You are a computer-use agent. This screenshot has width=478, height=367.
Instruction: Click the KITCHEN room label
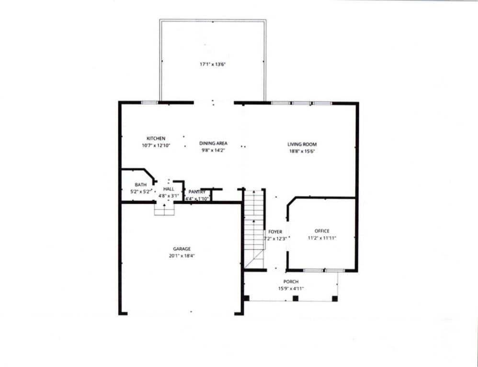156,139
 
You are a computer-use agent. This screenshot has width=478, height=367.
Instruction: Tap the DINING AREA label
213,143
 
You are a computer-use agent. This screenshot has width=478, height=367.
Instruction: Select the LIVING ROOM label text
302,144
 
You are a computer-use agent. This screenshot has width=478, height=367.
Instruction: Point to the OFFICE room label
322,231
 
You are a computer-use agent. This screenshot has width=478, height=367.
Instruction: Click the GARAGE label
182,248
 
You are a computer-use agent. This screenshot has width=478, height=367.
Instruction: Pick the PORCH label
291,282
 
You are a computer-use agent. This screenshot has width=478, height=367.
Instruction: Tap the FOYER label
275,232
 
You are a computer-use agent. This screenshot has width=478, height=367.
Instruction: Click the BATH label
140,184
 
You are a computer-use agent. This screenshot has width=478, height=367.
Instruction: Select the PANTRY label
197,192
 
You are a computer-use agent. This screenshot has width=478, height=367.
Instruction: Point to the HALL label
169,189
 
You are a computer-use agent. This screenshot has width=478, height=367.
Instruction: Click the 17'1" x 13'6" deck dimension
213,64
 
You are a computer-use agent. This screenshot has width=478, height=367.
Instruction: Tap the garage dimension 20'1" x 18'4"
182,256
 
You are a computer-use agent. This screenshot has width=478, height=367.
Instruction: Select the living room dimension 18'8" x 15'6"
302,151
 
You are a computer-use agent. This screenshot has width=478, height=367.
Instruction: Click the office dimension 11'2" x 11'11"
322,238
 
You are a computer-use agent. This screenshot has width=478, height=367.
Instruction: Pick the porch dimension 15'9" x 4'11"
291,289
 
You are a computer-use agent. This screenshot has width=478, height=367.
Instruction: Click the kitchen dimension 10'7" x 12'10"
156,145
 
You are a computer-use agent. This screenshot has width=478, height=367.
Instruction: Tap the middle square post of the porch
296,298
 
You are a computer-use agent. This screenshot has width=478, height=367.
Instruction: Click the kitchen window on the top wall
150,102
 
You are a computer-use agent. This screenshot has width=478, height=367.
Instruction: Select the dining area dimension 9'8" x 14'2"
213,150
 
